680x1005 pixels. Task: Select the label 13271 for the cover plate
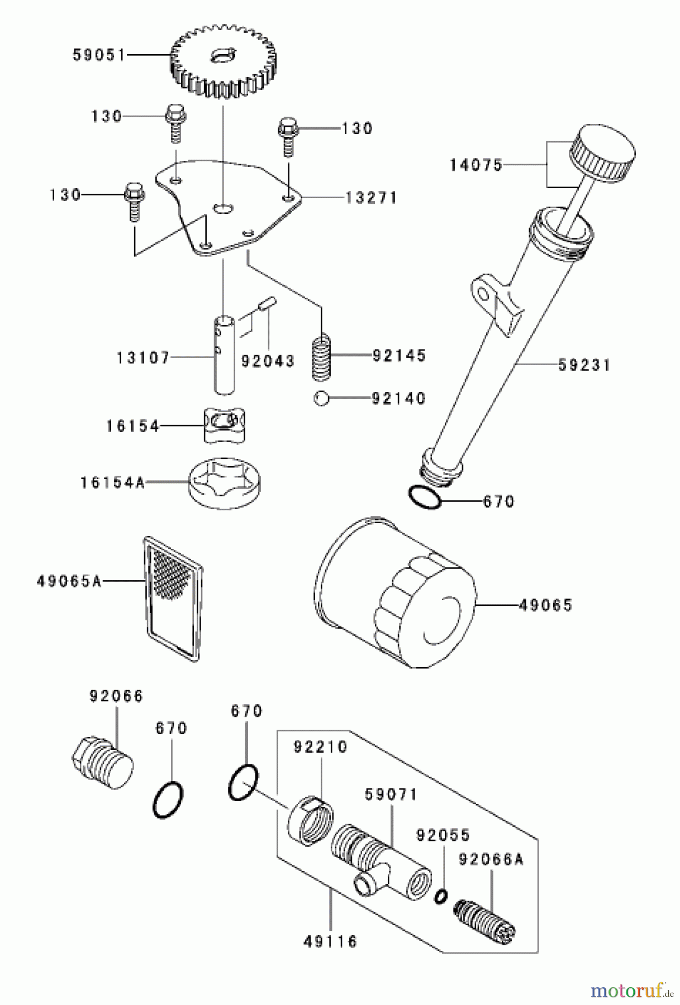[x=371, y=198]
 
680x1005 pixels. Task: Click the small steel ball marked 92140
[x=320, y=399]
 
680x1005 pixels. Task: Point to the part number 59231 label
[x=584, y=365]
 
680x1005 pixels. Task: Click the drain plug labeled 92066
[x=103, y=764]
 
